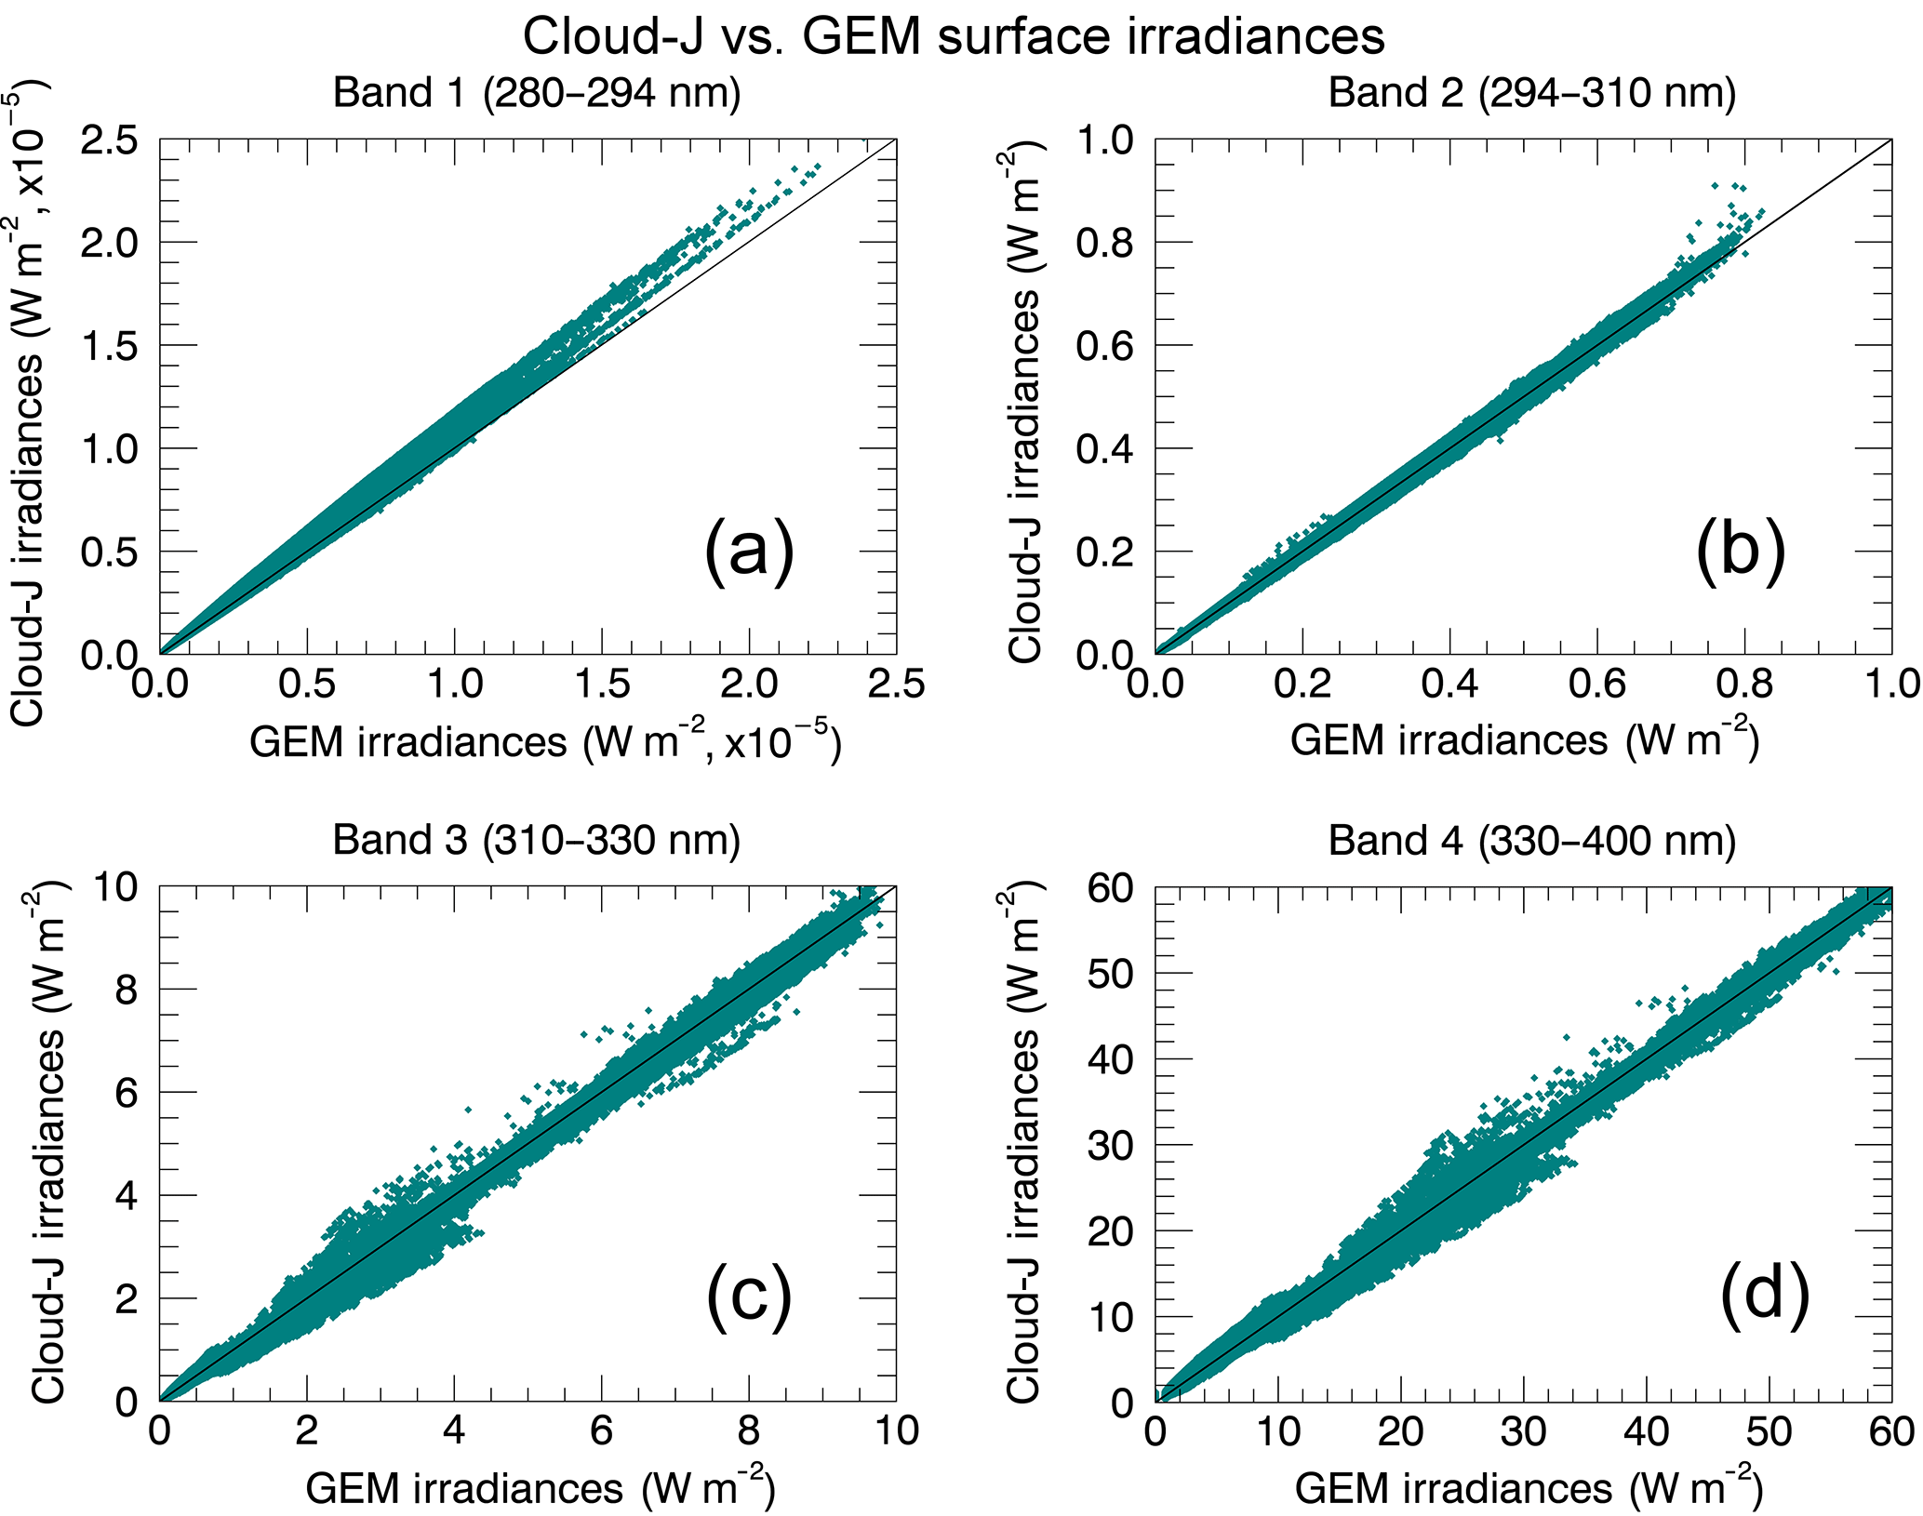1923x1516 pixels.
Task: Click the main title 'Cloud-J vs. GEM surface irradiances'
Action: [x=954, y=37]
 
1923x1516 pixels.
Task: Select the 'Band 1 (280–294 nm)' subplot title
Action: [x=537, y=94]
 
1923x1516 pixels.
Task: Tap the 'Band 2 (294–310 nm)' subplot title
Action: [x=1531, y=94]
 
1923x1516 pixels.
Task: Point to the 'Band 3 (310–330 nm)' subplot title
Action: [x=537, y=840]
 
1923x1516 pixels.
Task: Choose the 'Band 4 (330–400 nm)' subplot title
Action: [x=1531, y=841]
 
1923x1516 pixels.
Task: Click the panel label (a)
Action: [x=749, y=551]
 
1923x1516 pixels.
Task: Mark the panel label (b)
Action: [x=1741, y=551]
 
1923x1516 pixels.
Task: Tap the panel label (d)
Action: [x=1765, y=1295]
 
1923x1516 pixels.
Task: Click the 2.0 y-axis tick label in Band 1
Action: [x=110, y=243]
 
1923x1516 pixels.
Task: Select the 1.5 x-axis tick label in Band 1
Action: [x=602, y=685]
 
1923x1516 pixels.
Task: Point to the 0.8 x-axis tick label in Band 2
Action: [x=1744, y=685]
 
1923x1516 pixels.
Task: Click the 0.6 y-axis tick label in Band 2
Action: [x=1105, y=346]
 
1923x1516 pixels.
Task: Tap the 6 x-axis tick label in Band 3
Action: [x=602, y=1430]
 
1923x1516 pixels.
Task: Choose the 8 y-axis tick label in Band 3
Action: [x=126, y=990]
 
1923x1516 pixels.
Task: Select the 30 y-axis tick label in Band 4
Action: [x=1111, y=1145]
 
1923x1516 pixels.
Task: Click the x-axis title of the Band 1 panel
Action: [x=545, y=741]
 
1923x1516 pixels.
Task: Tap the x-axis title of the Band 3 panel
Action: [x=541, y=1488]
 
